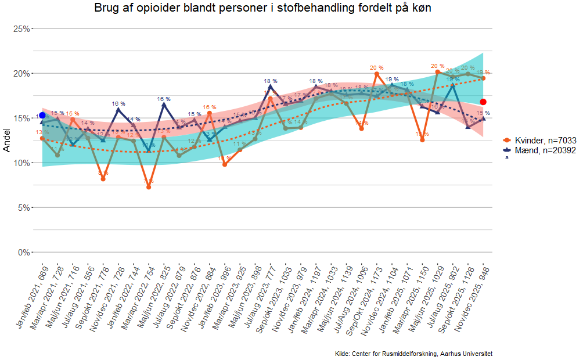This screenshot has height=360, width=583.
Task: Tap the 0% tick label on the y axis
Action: click(23, 253)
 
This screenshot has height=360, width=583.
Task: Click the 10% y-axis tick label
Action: click(21, 163)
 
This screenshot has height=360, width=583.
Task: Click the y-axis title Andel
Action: click(7, 141)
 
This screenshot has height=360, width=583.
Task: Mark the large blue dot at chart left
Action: click(42, 115)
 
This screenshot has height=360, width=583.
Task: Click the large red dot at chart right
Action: click(483, 102)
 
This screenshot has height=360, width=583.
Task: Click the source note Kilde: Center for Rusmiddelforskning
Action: click(413, 354)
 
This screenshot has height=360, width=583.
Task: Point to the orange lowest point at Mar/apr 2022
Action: click(149, 187)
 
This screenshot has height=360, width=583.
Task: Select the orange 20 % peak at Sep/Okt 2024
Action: click(377, 74)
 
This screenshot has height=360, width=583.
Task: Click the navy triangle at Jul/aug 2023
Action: click(271, 87)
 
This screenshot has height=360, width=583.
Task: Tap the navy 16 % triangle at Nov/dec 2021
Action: click(118, 109)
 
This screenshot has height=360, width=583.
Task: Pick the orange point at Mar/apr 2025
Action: click(422, 140)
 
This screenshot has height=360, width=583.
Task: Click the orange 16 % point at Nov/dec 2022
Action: click(210, 113)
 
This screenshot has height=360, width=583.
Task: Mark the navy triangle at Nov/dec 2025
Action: click(483, 118)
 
